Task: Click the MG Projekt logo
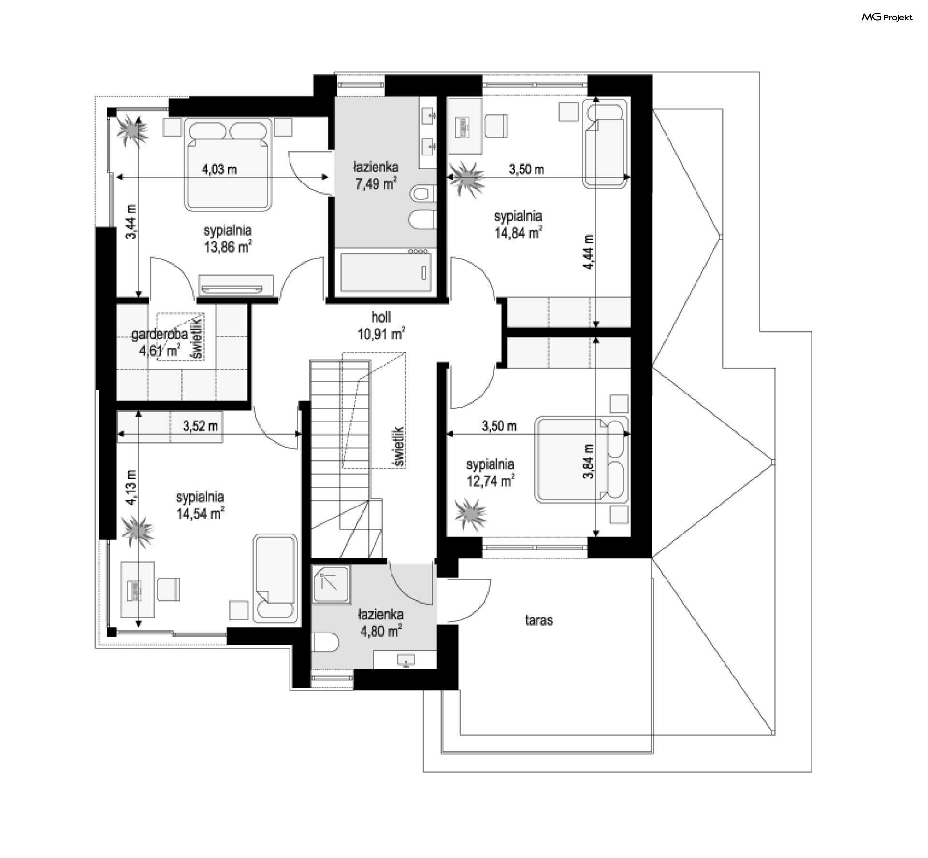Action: [x=887, y=17]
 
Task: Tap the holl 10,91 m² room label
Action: [x=381, y=325]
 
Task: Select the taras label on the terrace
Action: [x=539, y=620]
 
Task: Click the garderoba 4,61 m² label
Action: [x=159, y=342]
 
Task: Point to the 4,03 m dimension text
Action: [x=219, y=169]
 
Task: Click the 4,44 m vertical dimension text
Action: [x=588, y=252]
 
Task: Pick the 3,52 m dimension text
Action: [x=200, y=426]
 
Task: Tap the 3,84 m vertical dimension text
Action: [x=588, y=461]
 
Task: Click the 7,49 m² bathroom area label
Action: [x=376, y=183]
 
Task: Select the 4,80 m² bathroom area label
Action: [x=380, y=631]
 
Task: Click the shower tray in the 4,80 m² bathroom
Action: [x=331, y=585]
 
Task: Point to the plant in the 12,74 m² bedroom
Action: [x=470, y=515]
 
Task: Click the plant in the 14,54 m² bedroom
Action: [x=138, y=532]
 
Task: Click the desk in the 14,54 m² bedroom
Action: [x=137, y=589]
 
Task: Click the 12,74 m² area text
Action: [x=491, y=481]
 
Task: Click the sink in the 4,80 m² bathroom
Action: [x=406, y=660]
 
